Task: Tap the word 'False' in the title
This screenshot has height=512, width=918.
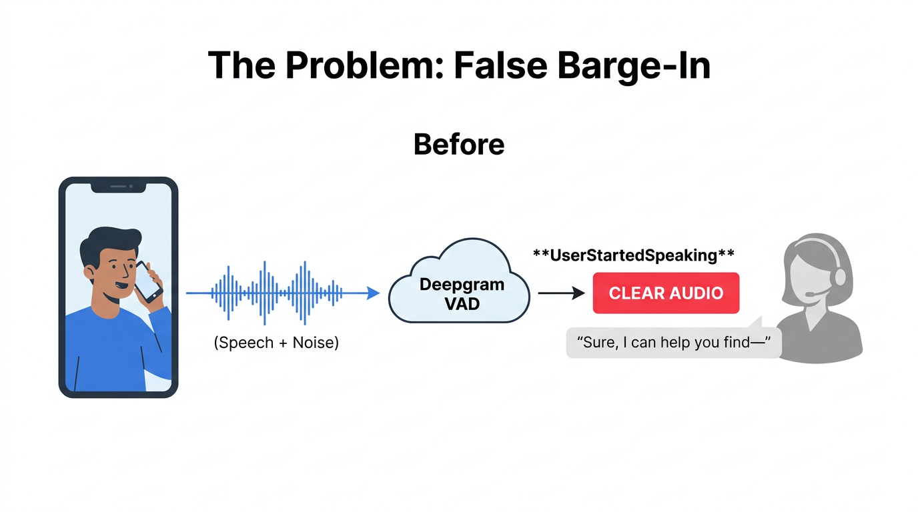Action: pos(501,65)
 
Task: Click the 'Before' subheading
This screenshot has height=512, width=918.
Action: pos(459,144)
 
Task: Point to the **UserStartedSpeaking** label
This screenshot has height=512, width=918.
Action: pos(634,255)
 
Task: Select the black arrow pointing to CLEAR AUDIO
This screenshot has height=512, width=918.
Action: pos(562,293)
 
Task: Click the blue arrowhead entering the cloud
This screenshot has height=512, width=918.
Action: pos(372,293)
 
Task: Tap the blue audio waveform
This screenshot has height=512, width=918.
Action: pos(277,293)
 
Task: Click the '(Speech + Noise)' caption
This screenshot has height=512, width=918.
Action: pos(276,343)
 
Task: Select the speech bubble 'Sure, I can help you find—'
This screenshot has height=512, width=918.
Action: pos(674,342)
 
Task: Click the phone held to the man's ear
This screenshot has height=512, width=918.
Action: pos(148,282)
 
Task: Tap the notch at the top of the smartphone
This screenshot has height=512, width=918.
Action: pos(119,187)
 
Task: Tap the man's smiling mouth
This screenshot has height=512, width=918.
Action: pos(121,284)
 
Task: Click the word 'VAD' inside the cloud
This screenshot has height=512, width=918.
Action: pos(462,304)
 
